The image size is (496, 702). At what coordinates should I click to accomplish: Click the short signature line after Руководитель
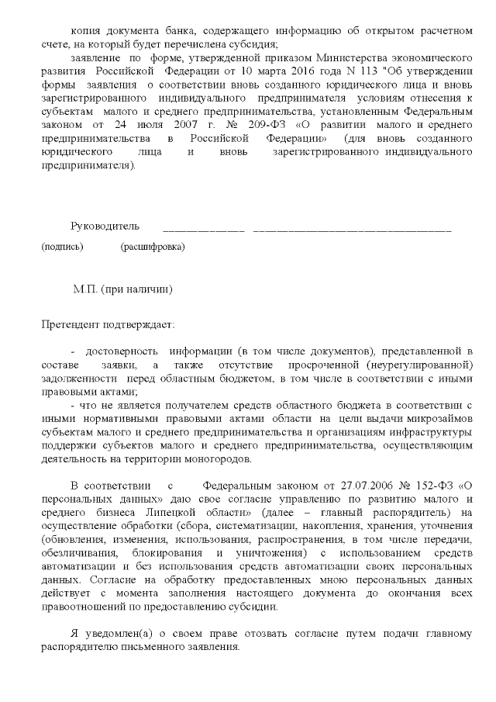[204, 230]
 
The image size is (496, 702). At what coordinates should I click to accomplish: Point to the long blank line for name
[352, 230]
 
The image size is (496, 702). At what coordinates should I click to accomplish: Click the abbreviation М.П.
[84, 289]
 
